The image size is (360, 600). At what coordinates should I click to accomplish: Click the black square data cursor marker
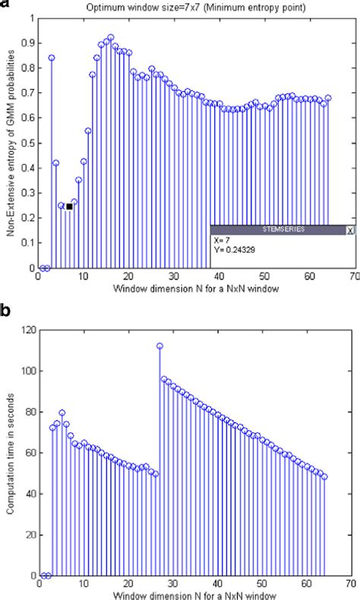69,206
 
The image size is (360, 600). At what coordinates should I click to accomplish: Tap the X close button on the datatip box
350,230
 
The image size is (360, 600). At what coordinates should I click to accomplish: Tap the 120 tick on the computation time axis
25,330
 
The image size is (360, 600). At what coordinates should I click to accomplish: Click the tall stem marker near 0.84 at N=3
52,58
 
